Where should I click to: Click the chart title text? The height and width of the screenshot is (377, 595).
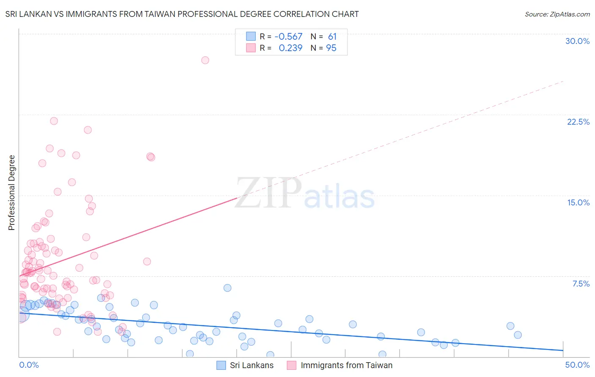182,14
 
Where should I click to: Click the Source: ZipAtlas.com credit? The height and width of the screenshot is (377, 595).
557,14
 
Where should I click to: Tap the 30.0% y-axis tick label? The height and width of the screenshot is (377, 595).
577,41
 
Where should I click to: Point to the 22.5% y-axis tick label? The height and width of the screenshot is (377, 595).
578,122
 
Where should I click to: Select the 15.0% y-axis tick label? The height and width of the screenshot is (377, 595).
578,202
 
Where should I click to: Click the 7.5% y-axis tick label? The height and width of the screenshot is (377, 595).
581,284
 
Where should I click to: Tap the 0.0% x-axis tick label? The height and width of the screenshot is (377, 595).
29,365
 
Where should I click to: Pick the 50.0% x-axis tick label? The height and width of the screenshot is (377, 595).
577,365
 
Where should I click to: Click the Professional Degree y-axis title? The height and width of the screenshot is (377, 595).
11,193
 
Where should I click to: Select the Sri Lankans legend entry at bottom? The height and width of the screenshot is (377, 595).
251,365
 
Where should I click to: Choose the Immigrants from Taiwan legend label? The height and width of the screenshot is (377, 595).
346,365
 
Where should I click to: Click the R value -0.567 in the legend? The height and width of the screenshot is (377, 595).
288,37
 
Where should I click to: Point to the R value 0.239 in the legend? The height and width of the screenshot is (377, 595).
290,48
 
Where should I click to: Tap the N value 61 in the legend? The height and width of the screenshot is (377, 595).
332,37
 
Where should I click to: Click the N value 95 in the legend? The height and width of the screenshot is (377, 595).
331,48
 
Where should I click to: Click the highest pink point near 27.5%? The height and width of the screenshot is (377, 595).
205,60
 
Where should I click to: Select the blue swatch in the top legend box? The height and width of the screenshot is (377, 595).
251,36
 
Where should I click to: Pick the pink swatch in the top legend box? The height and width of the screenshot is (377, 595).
251,48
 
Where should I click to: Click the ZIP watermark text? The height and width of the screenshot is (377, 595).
268,193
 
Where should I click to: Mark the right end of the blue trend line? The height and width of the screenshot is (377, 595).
563,350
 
